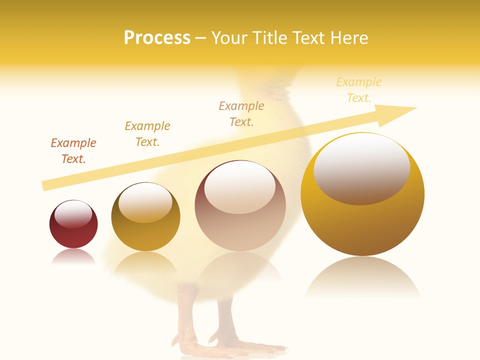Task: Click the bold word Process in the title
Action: (157, 38)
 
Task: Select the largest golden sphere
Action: (362, 210)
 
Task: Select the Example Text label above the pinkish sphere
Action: (241, 114)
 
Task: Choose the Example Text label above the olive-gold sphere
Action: (147, 134)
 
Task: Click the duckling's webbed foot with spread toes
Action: (235, 345)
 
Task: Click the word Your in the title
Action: (228, 38)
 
